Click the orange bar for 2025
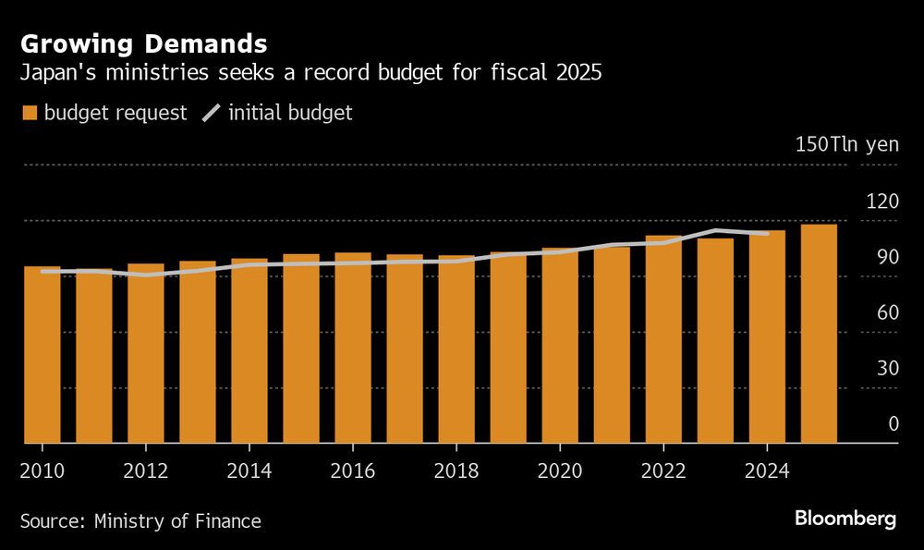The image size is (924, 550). [819, 334]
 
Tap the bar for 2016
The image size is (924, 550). [353, 348]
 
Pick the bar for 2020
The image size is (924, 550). [560, 346]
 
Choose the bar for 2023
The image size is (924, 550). [715, 341]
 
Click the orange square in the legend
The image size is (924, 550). [29, 114]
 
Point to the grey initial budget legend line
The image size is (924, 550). [212, 114]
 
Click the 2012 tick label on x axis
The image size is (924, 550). [146, 471]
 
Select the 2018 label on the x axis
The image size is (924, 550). [456, 471]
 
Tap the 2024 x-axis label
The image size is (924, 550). [767, 471]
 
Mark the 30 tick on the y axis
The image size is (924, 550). [887, 368]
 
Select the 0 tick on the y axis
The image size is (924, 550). [893, 424]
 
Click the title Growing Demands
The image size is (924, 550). [144, 43]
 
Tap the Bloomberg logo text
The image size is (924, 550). [845, 519]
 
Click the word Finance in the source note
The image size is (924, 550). [226, 521]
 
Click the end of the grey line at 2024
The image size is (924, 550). [767, 234]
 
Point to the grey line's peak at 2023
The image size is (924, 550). [716, 230]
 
